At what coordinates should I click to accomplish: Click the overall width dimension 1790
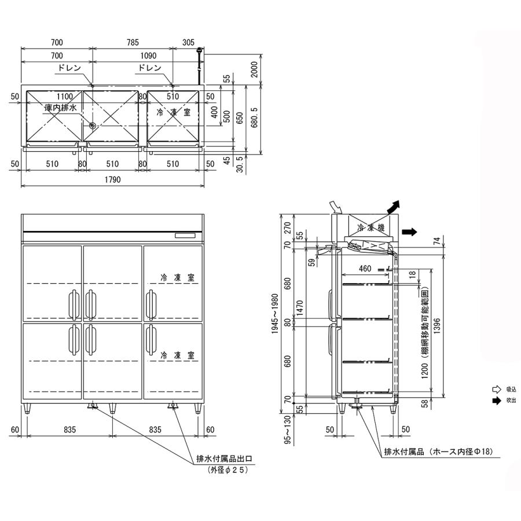coord(112,180)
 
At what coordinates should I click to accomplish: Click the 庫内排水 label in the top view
coord(61,108)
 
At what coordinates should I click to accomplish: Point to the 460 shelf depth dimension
coord(365,268)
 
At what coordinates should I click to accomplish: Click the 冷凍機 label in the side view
coord(370,229)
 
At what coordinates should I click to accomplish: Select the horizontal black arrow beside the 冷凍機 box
coord(409,232)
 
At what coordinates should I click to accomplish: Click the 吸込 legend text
coord(511,390)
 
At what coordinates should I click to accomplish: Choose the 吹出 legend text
coord(511,400)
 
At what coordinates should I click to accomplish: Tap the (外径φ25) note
coord(228,471)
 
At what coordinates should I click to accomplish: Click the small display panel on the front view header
coord(186,235)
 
